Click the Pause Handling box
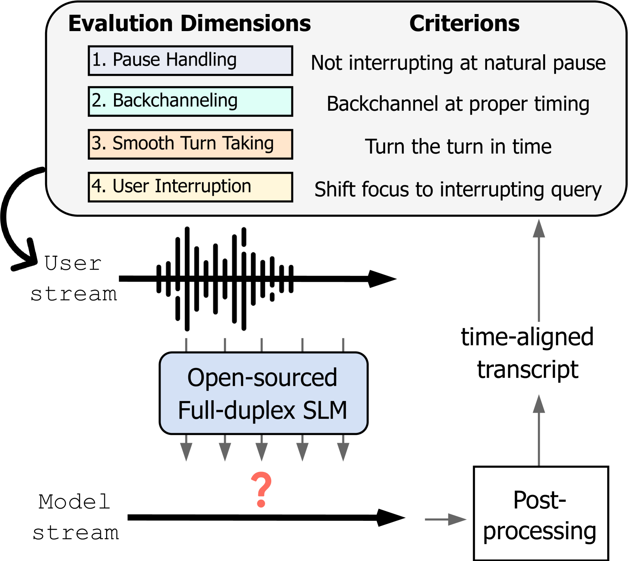tap(190, 61)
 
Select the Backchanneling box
tap(190, 102)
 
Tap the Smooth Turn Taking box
tap(190, 144)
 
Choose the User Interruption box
tap(190, 187)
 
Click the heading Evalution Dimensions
tap(189, 24)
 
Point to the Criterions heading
tap(464, 24)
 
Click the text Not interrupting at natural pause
tap(458, 63)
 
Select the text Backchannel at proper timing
tap(458, 104)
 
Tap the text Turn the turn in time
tap(458, 147)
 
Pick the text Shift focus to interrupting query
tap(458, 190)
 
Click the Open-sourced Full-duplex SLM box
tap(263, 393)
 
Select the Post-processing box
tap(541, 513)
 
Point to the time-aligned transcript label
tap(527, 353)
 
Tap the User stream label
tap(73, 279)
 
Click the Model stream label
tap(75, 517)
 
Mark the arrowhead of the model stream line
tap(390, 518)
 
